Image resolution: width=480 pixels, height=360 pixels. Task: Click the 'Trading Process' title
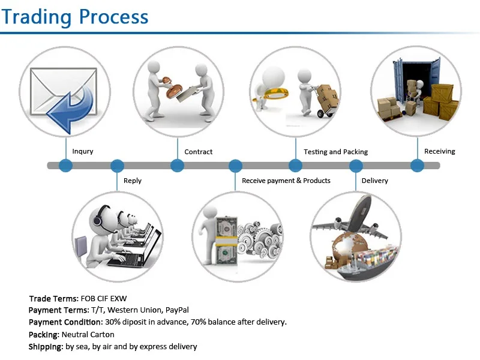click(75, 16)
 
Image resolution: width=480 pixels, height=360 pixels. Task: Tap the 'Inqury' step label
click(83, 152)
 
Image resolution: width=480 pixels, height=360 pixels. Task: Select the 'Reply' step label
click(133, 181)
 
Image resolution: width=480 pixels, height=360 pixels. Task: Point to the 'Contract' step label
click(199, 152)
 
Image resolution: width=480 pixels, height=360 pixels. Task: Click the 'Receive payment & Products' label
click(286, 181)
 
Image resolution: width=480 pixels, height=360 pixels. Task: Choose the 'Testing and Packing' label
click(336, 152)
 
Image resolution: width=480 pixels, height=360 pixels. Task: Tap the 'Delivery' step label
click(375, 181)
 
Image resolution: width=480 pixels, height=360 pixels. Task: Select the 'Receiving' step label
click(440, 152)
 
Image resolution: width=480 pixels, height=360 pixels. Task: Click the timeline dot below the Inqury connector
click(65, 166)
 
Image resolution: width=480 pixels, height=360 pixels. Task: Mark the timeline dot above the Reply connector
click(118, 166)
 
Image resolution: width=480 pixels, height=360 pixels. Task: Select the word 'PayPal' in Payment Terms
click(177, 310)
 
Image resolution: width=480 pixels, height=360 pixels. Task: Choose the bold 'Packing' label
click(44, 334)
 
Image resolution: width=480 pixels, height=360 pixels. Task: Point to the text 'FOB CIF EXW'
click(108, 298)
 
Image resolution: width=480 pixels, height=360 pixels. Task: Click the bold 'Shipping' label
click(46, 347)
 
